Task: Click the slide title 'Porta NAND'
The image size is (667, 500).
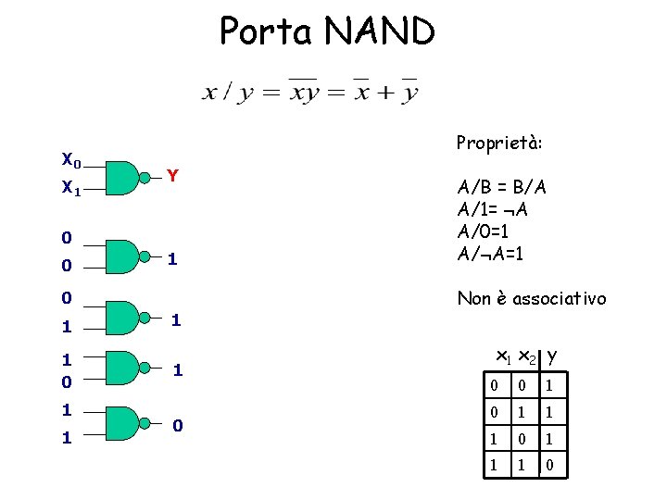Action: [327, 31]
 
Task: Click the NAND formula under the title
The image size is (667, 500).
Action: [310, 91]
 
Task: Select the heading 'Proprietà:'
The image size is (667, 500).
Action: [499, 144]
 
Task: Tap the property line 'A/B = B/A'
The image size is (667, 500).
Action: [502, 187]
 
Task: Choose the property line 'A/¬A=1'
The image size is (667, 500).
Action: [491, 253]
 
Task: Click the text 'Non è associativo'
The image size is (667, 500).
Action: [532, 298]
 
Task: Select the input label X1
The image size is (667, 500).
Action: [70, 188]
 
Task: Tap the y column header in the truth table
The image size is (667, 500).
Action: [552, 355]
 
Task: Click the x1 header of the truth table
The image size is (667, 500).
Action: [503, 356]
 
